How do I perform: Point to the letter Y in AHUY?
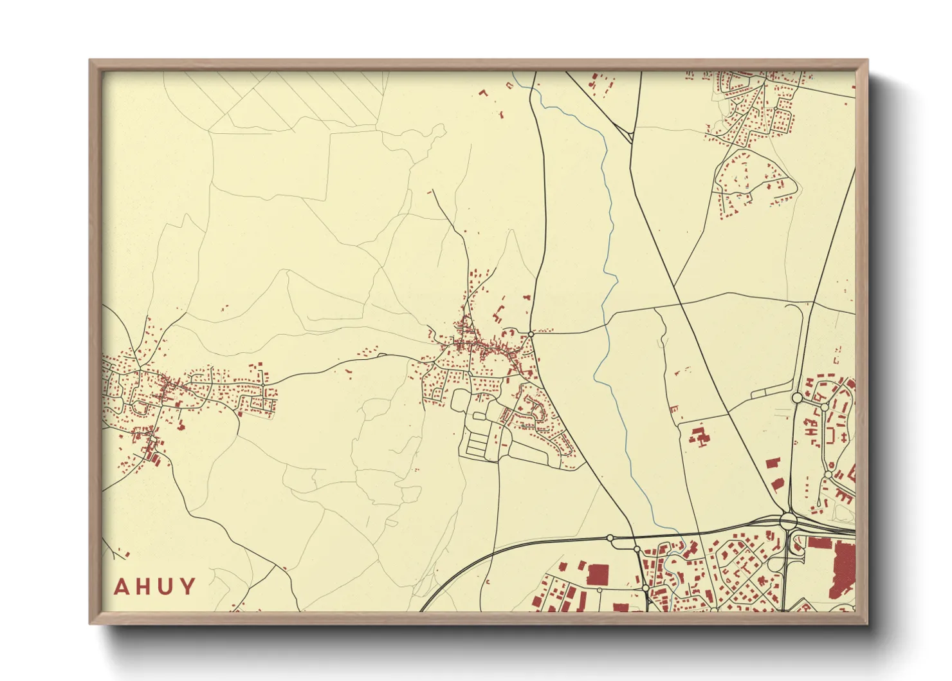pyautogui.click(x=187, y=587)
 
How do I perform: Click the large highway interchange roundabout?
pyautogui.click(x=788, y=519)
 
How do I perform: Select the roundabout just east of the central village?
pyautogui.click(x=531, y=333)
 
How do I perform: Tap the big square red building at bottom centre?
pyautogui.click(x=598, y=574)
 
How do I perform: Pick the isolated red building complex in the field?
pyautogui.click(x=699, y=436)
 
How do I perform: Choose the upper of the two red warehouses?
pyautogui.click(x=773, y=463)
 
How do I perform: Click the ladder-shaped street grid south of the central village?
pyautogui.click(x=477, y=443)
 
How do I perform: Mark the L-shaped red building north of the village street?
pyautogui.click(x=497, y=316)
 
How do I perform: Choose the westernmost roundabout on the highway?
pyautogui.click(x=610, y=537)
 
